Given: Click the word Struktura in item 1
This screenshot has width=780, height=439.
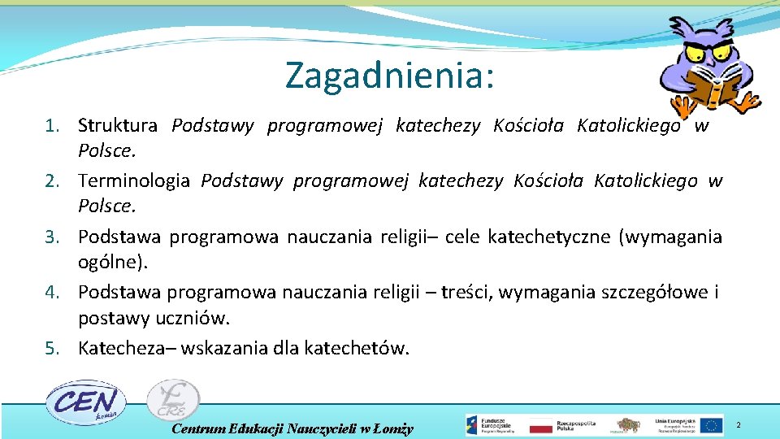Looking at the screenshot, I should point(118,126).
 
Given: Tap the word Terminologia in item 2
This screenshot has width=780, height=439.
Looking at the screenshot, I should point(134,181).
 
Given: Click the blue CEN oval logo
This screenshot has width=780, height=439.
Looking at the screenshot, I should point(84,402).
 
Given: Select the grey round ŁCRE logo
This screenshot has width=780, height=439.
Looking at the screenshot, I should point(172,401).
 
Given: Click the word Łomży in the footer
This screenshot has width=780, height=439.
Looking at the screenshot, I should point(394,428).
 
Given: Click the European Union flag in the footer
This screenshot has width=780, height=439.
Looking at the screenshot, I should point(712,425).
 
